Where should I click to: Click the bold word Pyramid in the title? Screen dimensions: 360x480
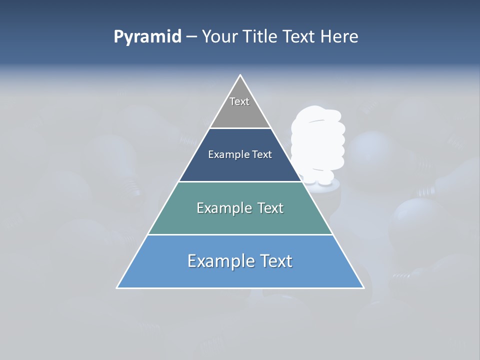147,37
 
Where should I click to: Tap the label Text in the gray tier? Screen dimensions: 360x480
239,101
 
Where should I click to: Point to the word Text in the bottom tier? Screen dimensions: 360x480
274,261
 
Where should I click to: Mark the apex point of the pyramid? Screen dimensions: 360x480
240,75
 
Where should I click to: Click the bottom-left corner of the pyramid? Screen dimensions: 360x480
117,288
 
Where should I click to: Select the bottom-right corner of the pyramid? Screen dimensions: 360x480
364,288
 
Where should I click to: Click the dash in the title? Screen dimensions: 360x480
191,37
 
